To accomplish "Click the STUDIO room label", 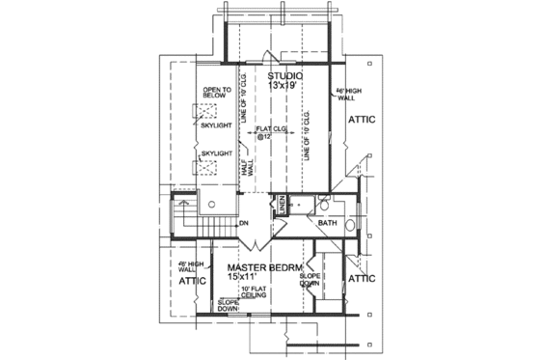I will [x=285, y=74].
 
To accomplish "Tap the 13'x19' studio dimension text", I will [x=285, y=85].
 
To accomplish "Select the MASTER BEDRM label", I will [x=265, y=266].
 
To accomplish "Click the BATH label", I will [x=327, y=223].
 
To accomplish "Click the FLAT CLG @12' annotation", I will [x=269, y=132].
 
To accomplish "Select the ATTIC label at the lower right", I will [x=362, y=278].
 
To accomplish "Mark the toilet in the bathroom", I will [x=326, y=205].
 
